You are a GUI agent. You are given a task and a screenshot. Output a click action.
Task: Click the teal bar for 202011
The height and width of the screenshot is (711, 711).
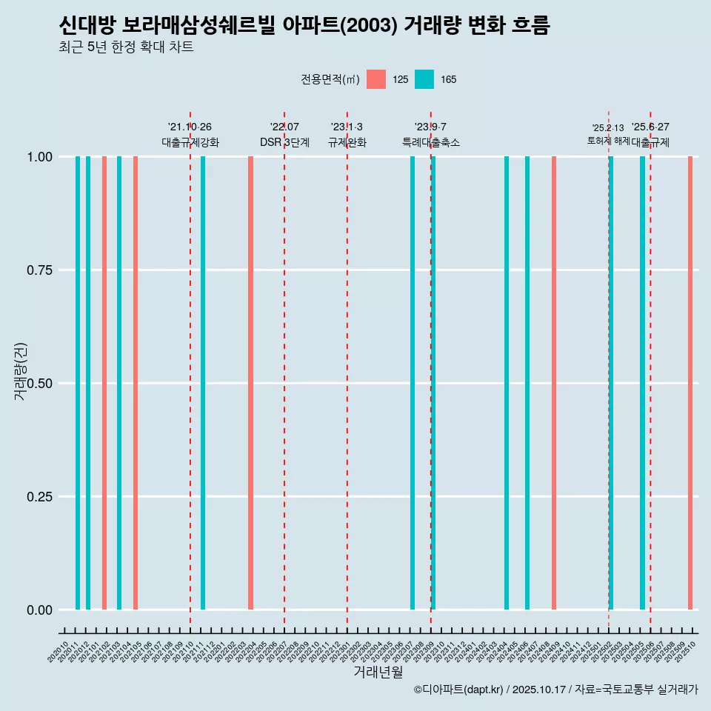[78, 383]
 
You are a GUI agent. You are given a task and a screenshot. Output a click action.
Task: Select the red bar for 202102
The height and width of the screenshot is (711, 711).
[104, 383]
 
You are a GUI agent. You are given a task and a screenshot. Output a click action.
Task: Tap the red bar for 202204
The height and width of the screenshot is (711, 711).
[251, 383]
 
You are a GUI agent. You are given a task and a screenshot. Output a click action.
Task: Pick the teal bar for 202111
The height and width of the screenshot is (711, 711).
[203, 383]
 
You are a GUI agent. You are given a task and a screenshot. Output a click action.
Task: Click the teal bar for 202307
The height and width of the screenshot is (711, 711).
[413, 383]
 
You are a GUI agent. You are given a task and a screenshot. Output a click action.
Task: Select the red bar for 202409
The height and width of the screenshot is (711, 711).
[554, 383]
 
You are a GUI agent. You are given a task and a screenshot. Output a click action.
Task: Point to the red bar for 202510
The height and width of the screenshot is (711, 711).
[690, 383]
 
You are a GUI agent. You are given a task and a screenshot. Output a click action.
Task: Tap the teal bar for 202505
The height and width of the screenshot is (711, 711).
[642, 383]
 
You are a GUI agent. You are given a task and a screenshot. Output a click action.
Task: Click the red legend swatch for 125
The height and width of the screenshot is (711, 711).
[376, 79]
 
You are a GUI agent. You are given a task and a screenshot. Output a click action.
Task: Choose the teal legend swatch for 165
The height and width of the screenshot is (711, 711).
[424, 79]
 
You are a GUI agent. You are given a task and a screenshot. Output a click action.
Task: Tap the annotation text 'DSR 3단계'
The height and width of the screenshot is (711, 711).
[284, 142]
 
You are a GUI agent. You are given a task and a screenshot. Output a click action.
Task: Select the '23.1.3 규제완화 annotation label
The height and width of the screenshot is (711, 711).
[347, 135]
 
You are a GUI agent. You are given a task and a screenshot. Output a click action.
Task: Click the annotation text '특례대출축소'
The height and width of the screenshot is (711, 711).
[431, 142]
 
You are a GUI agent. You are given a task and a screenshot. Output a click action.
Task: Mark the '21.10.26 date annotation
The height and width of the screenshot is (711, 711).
[190, 127]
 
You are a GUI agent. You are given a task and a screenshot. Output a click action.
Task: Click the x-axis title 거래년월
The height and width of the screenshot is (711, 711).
[378, 672]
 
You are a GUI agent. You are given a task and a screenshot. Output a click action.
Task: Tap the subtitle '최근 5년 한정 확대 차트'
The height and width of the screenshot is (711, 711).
[126, 48]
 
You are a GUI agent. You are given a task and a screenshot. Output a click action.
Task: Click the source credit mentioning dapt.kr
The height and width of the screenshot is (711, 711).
[555, 690]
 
